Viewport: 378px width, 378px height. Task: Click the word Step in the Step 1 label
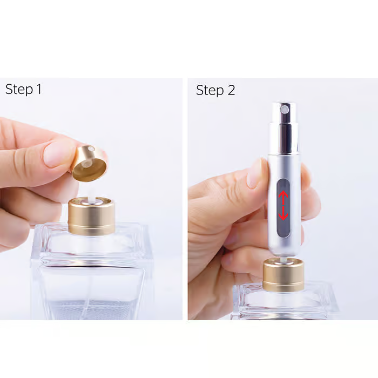click(18, 90)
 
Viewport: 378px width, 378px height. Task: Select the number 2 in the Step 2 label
click(231, 90)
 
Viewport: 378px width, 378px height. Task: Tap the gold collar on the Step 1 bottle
click(91, 216)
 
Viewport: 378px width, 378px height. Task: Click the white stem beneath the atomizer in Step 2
click(282, 258)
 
